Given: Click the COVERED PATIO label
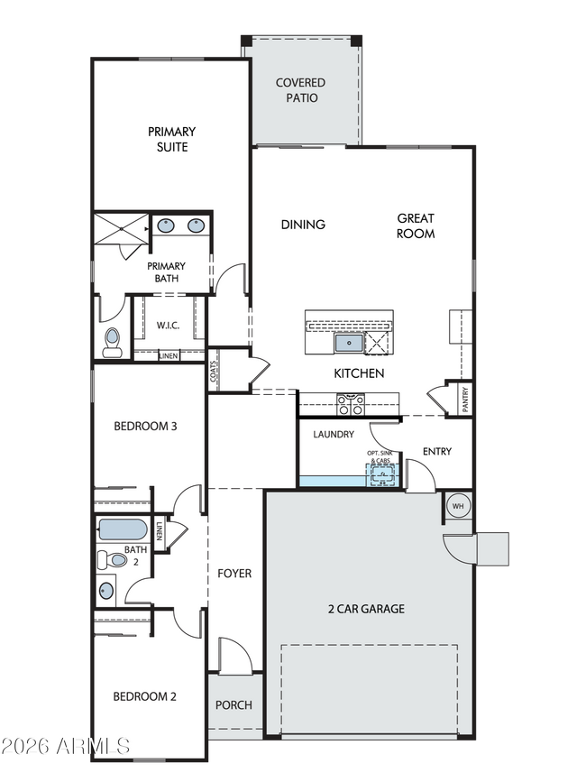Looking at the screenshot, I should coord(300,89).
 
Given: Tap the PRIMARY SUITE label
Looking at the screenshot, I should coord(171,139).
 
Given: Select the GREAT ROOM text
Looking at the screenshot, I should coord(416,225).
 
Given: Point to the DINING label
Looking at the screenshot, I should coord(303,225).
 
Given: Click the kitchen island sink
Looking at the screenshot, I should coord(348,343).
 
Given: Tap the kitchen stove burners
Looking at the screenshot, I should coord(349,403).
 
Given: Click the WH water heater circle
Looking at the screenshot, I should coord(456,506).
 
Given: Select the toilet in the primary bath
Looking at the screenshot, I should coord(112,340).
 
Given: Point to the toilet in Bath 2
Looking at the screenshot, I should coord(111,559).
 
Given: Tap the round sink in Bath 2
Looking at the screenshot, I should coord(107,593).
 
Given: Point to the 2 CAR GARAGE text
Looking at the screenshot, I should coord(365,609).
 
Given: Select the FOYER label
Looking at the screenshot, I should coord(234,573).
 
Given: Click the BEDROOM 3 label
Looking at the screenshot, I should coord(144,426).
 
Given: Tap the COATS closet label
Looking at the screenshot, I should coord(214,373).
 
